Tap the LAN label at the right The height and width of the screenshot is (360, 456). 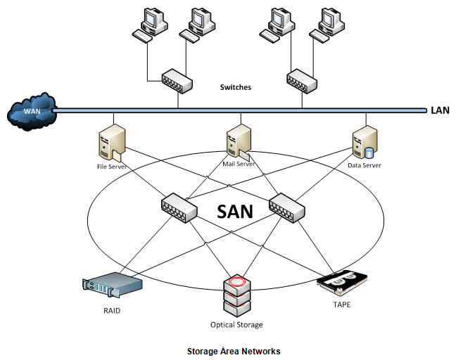click(439, 110)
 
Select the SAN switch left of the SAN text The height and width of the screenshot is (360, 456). click(174, 207)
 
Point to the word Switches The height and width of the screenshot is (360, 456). click(235, 88)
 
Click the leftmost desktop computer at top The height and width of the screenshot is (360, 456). click(149, 24)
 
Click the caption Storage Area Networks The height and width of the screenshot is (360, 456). click(234, 350)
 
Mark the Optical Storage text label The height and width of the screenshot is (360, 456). click(236, 325)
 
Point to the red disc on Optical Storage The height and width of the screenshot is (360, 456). click(236, 283)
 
